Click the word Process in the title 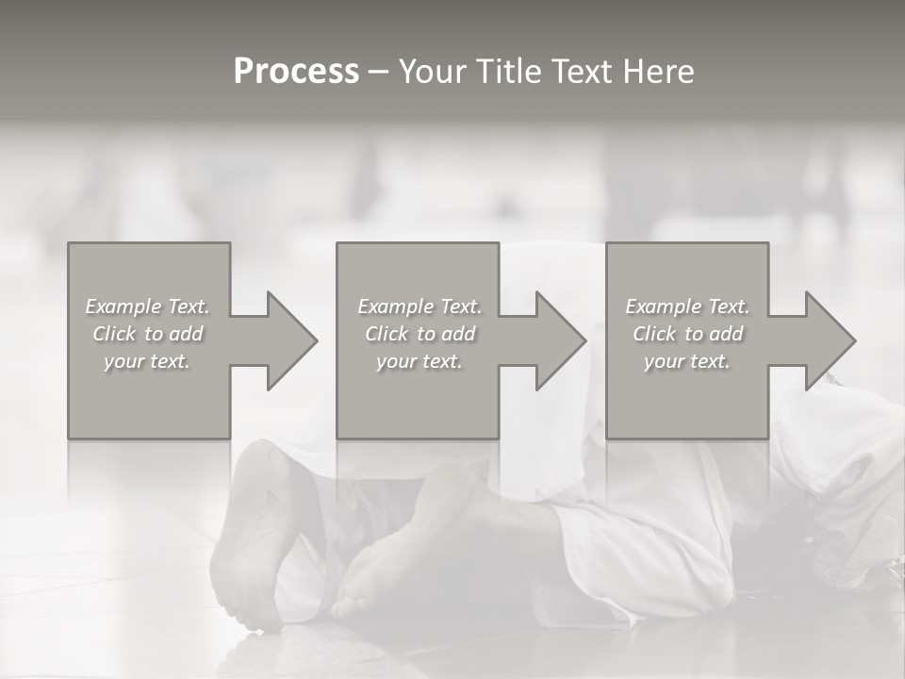coord(296,71)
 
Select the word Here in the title coord(657,71)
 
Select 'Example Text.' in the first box coord(148,306)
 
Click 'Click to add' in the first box coord(148,334)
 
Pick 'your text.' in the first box coord(148,361)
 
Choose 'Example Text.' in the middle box coord(419,306)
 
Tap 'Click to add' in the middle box coord(419,334)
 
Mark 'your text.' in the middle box coord(419,361)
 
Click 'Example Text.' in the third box coord(687,306)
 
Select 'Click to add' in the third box coord(687,334)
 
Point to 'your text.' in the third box coord(687,361)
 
